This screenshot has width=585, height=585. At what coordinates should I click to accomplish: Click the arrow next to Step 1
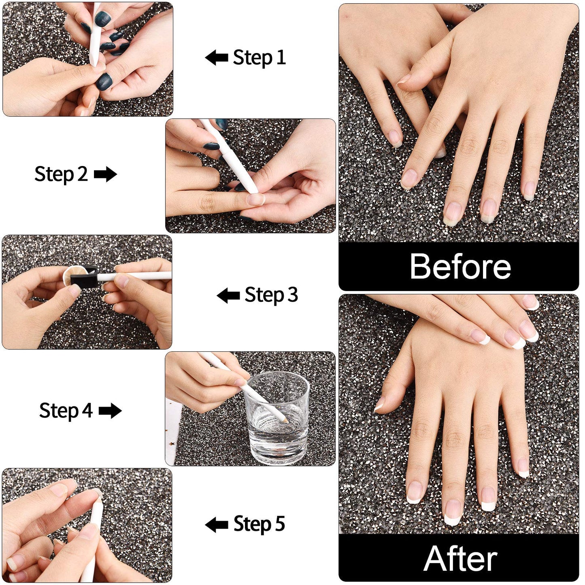[x=217, y=58]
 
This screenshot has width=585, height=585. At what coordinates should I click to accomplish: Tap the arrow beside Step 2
[x=105, y=174]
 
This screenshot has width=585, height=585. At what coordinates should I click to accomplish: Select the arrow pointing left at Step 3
[x=228, y=296]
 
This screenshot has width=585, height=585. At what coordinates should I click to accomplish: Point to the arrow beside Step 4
[x=110, y=411]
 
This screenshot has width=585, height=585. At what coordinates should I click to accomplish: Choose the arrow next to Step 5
[x=217, y=525]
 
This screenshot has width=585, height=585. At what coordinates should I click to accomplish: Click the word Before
[x=460, y=266]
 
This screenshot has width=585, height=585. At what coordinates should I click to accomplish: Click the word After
[x=460, y=559]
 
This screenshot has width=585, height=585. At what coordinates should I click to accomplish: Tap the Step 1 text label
[x=259, y=58]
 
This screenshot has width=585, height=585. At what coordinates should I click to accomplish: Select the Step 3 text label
[x=271, y=295]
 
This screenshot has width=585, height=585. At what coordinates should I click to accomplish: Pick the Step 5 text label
[x=259, y=524]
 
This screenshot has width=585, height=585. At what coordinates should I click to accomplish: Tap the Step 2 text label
[x=61, y=174]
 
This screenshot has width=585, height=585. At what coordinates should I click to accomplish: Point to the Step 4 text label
[x=66, y=411]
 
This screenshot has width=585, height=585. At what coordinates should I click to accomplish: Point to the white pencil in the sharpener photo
[x=134, y=277]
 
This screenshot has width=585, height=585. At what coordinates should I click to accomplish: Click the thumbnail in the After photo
[x=379, y=404]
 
